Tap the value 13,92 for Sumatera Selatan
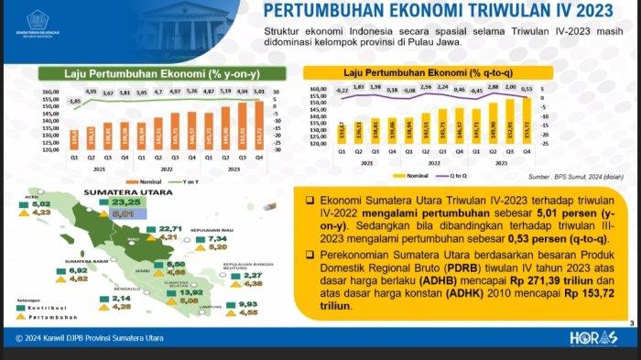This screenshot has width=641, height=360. point(197,291)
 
